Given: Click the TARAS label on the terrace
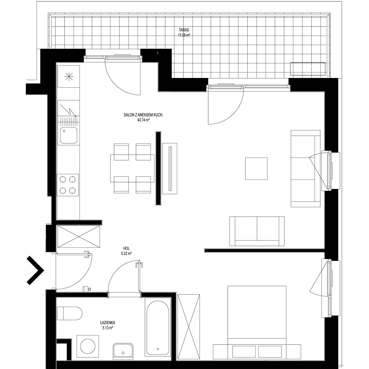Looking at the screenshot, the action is coord(184,30).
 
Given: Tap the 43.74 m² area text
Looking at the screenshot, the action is coord(143,120).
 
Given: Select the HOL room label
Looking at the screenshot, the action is coord(127,249).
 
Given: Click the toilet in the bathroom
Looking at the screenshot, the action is coord(70,313).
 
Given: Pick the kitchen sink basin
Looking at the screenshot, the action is coord(69,135).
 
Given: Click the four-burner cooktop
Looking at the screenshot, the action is coord(67,185).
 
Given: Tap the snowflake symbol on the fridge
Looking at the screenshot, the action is coord(69,76).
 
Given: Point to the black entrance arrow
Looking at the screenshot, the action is coord(35,270).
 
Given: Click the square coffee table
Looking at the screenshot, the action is coord(256,168).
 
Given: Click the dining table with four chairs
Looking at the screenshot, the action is coord(132,168).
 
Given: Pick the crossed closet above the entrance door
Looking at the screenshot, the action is coord(79,237).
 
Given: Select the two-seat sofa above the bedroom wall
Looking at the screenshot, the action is coord(257,231).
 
